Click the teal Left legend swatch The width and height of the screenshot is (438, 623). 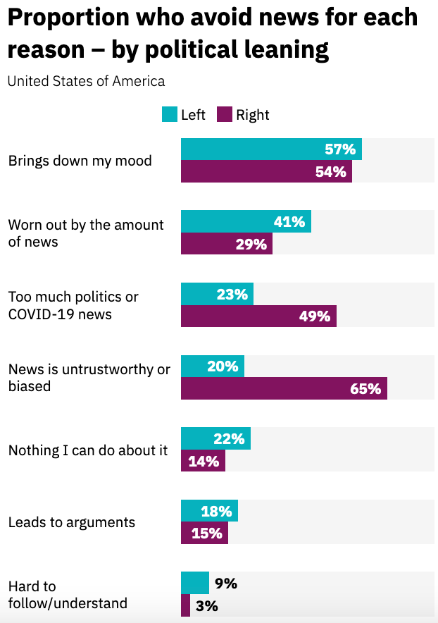(170, 115)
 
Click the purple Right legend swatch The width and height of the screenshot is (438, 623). (225, 115)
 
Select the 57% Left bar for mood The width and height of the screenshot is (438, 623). (271, 149)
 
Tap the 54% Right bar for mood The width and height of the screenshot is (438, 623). (266, 172)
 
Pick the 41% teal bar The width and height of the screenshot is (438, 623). (246, 222)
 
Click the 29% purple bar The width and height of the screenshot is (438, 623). (227, 244)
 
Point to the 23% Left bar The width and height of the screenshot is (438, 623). (217, 295)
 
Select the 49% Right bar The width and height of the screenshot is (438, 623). (258, 316)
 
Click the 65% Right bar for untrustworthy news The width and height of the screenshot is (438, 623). (284, 389)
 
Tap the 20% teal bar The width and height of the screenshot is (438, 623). (213, 366)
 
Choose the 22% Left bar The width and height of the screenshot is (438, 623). (215, 439)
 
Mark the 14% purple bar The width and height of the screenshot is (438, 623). (203, 462)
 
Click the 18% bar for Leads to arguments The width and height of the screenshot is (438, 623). (209, 511)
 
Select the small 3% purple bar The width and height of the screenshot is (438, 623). (185, 605)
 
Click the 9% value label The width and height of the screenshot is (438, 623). (226, 584)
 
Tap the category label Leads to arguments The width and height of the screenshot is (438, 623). (71, 522)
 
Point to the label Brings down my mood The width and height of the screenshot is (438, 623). (80, 161)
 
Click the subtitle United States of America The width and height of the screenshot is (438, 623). (86, 81)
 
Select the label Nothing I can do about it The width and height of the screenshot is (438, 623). (88, 450)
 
